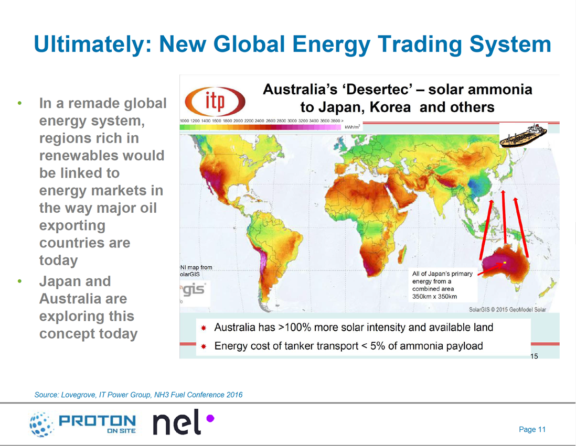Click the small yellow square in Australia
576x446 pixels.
pyautogui.click(x=504, y=262)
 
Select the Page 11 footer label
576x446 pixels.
pyautogui.click(x=532, y=429)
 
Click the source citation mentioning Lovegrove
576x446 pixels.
pyautogui.click(x=138, y=395)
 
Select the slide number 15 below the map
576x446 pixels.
pyautogui.click(x=534, y=356)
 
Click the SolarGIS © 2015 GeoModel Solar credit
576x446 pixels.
pyautogui.click(x=507, y=309)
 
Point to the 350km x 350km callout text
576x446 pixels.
pyautogui.click(x=434, y=296)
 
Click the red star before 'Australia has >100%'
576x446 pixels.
pyautogui.click(x=204, y=328)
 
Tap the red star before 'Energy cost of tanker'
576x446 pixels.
pyautogui.click(x=204, y=346)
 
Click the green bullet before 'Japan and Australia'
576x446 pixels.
pyautogui.click(x=20, y=281)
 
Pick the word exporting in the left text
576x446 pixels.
pyautogui.click(x=72, y=225)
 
